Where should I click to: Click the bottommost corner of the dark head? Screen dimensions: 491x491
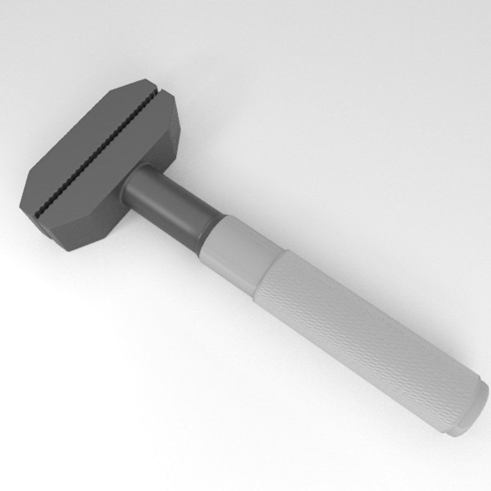coord(68,250)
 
